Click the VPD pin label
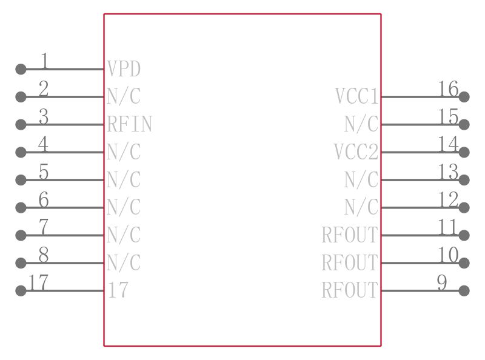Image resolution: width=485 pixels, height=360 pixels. click(x=124, y=68)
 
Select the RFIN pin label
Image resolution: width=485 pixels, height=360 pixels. click(x=130, y=124)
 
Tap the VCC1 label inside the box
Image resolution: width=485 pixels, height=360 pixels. click(x=356, y=96)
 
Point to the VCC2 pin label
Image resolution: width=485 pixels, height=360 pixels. click(x=356, y=152)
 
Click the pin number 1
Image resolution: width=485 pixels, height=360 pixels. click(x=44, y=61)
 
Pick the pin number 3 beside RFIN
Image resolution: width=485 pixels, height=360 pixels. click(x=44, y=116)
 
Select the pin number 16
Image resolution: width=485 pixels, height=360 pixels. click(x=448, y=88)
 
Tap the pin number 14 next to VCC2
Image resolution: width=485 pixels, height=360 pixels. click(x=448, y=144)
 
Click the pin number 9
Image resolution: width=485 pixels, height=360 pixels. click(x=442, y=282)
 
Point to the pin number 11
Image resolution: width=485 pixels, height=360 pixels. click(x=447, y=227)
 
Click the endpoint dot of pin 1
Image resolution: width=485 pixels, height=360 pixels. click(x=21, y=69)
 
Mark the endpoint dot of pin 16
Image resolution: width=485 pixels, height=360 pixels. click(x=464, y=97)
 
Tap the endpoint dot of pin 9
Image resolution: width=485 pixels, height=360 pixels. click(x=464, y=291)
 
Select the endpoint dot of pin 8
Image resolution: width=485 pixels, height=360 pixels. click(x=21, y=263)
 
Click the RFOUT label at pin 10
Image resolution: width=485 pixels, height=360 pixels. click(x=350, y=262)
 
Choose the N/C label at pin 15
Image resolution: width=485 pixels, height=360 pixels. click(x=361, y=124)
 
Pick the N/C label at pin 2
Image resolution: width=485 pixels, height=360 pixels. click(x=124, y=96)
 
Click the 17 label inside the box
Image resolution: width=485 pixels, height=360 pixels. click(x=118, y=290)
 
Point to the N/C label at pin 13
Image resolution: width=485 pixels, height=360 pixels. click(x=361, y=179)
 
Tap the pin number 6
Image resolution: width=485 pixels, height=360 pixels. click(x=44, y=199)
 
